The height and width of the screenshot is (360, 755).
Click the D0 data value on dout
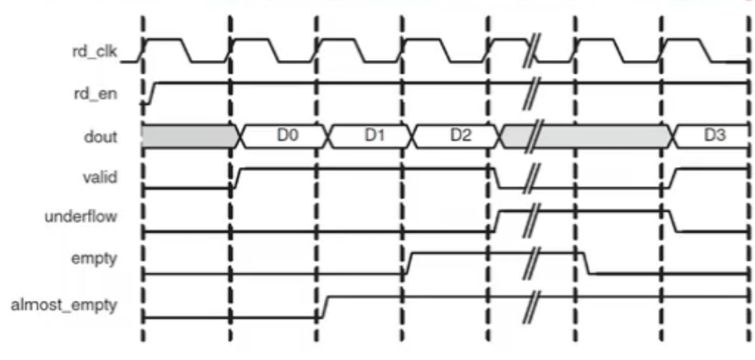(287, 136)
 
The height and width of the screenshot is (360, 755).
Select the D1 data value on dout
(375, 136)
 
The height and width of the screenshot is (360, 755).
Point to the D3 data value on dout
(714, 136)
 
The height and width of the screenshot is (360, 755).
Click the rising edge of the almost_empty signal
(323, 306)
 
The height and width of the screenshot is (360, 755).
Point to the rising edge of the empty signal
(407, 263)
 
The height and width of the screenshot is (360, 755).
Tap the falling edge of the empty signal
(586, 263)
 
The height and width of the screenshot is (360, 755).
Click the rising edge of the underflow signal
(497, 220)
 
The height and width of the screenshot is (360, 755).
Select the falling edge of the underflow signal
(673, 220)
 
